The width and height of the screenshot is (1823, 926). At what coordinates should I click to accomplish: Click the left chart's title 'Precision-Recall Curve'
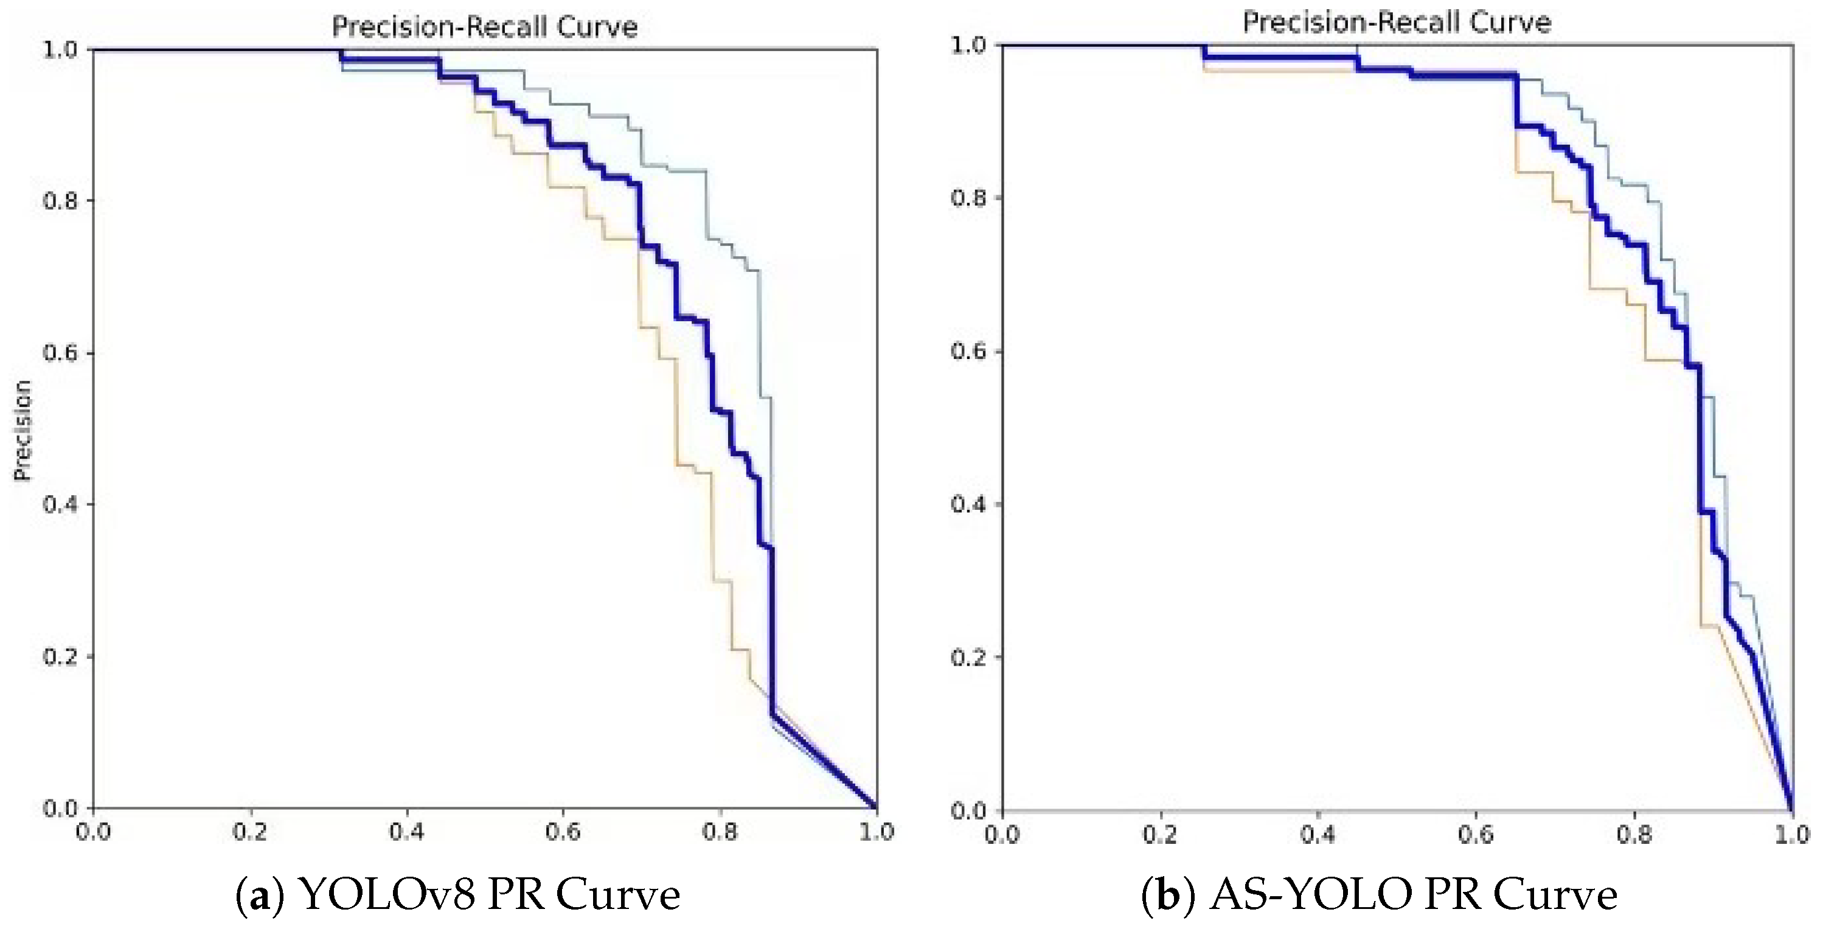(x=485, y=27)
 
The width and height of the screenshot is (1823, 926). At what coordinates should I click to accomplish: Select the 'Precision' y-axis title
(x=23, y=430)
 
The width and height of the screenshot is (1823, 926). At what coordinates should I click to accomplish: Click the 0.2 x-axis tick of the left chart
(x=250, y=832)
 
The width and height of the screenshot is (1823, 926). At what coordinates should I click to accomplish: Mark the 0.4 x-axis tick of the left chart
(x=407, y=832)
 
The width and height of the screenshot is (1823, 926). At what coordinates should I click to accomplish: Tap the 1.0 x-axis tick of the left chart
(x=877, y=832)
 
